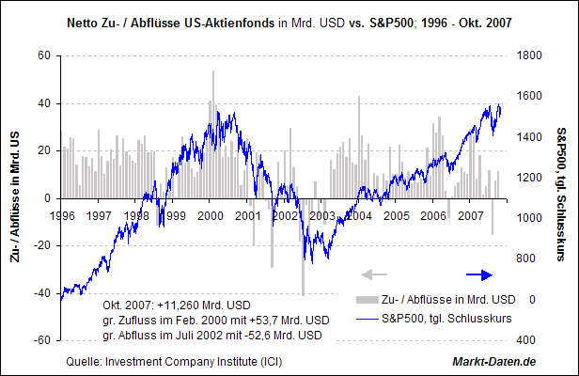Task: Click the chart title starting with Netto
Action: click(289, 21)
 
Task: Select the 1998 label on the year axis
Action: click(138, 215)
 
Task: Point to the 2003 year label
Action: click(322, 215)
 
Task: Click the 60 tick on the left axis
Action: click(43, 55)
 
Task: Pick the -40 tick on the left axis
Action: click(41, 293)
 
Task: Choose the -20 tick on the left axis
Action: click(41, 245)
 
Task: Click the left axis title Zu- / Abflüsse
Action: click(16, 197)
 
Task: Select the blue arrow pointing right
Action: click(479, 274)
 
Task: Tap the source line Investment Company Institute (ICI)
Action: click(174, 362)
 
